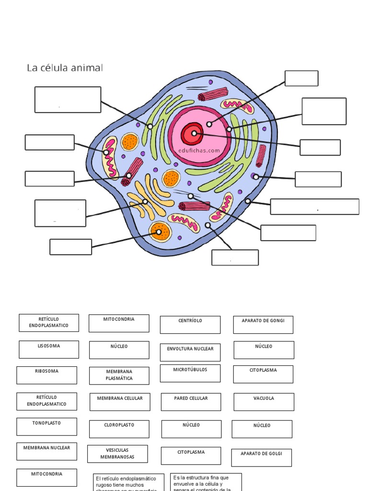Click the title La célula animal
coord(65,68)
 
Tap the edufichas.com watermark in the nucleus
coord(199,150)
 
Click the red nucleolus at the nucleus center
coord(194,134)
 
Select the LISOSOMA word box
coord(49,350)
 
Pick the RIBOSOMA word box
coord(46,375)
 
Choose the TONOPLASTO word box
coord(46,426)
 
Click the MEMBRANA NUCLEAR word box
coord(46,451)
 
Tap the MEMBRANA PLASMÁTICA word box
coord(119,375)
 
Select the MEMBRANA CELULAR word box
coord(120,402)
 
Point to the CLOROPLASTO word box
coord(119,429)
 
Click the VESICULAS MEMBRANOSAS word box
coord(117,454)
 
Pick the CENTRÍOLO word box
coord(190,325)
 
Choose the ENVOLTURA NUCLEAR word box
coord(190,352)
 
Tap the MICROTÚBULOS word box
coord(190,373)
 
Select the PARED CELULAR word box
coord(191,402)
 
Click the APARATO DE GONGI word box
coord(263,325)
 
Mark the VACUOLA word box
coord(264,402)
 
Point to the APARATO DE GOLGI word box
coord(261,457)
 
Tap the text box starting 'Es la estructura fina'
coord(206,482)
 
